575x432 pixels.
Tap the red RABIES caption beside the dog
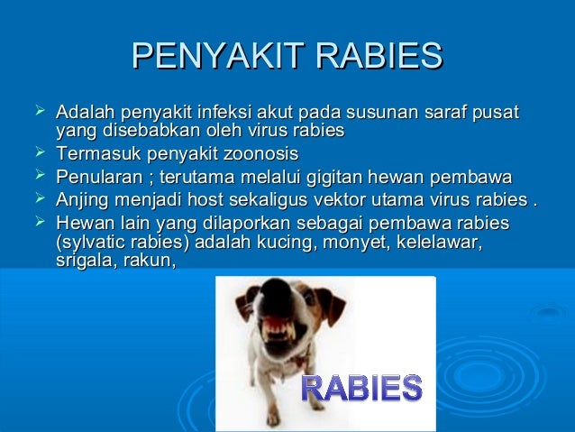pos(360,388)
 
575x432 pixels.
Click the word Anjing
pos(83,198)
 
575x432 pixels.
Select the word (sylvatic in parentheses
pos(93,243)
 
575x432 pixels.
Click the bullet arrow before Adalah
pos(37,113)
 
